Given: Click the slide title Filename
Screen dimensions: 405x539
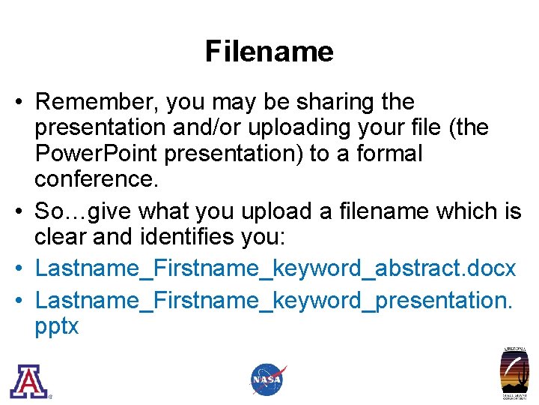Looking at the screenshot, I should click(269, 52).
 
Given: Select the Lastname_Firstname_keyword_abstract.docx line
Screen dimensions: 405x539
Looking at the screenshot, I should click(275, 268).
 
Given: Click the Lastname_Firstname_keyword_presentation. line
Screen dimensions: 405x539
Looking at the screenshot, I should click(274, 301).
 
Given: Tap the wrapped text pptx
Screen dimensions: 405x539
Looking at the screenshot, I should click(57, 327).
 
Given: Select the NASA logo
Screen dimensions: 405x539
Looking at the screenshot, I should click(268, 379).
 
